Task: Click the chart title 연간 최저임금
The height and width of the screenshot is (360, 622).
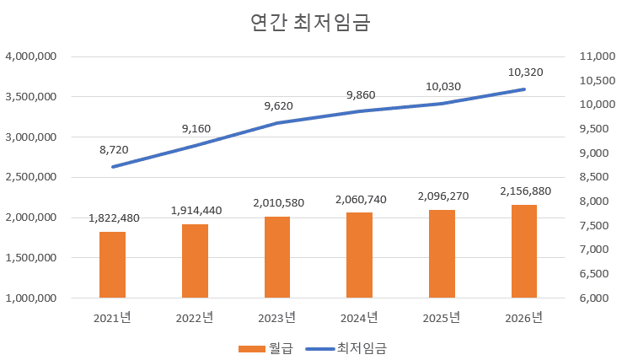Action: pos(310,23)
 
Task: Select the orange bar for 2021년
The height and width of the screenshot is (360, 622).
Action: pos(112,265)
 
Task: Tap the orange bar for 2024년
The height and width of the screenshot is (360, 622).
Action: pos(360,255)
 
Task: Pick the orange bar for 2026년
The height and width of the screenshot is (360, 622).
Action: pos(524,251)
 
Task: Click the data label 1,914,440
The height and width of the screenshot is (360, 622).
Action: pos(196,210)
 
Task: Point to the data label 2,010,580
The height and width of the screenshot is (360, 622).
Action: pos(277,202)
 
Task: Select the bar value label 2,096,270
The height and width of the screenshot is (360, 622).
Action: pos(442,196)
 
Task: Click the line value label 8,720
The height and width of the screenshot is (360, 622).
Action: pos(114,149)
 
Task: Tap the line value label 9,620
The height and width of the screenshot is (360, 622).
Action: pos(278,106)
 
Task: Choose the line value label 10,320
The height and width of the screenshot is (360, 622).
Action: pos(525,73)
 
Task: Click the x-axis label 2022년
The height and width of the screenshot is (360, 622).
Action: pos(195,318)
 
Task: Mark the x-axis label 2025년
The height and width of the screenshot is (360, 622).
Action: pos(442,318)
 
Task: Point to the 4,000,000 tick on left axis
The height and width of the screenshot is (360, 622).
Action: pos(31,56)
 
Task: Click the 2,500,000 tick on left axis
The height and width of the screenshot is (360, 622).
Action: pos(31,177)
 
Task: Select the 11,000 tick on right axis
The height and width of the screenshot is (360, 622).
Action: pos(594,56)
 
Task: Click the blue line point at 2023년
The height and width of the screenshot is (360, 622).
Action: pos(277,123)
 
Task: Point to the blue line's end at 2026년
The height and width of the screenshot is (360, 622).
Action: pos(524,89)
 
